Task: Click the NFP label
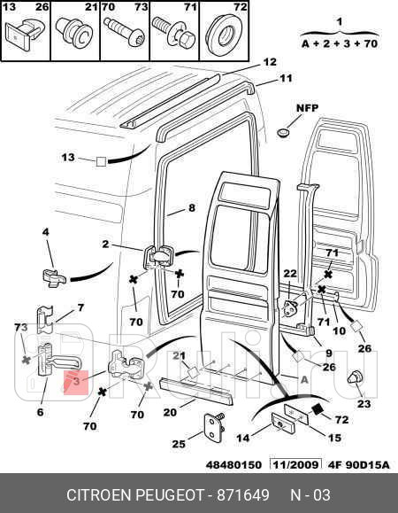(x=306, y=108)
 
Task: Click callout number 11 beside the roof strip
(x=285, y=79)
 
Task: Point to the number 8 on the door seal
(x=190, y=209)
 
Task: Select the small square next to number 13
(x=101, y=162)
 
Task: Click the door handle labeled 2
(x=159, y=256)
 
